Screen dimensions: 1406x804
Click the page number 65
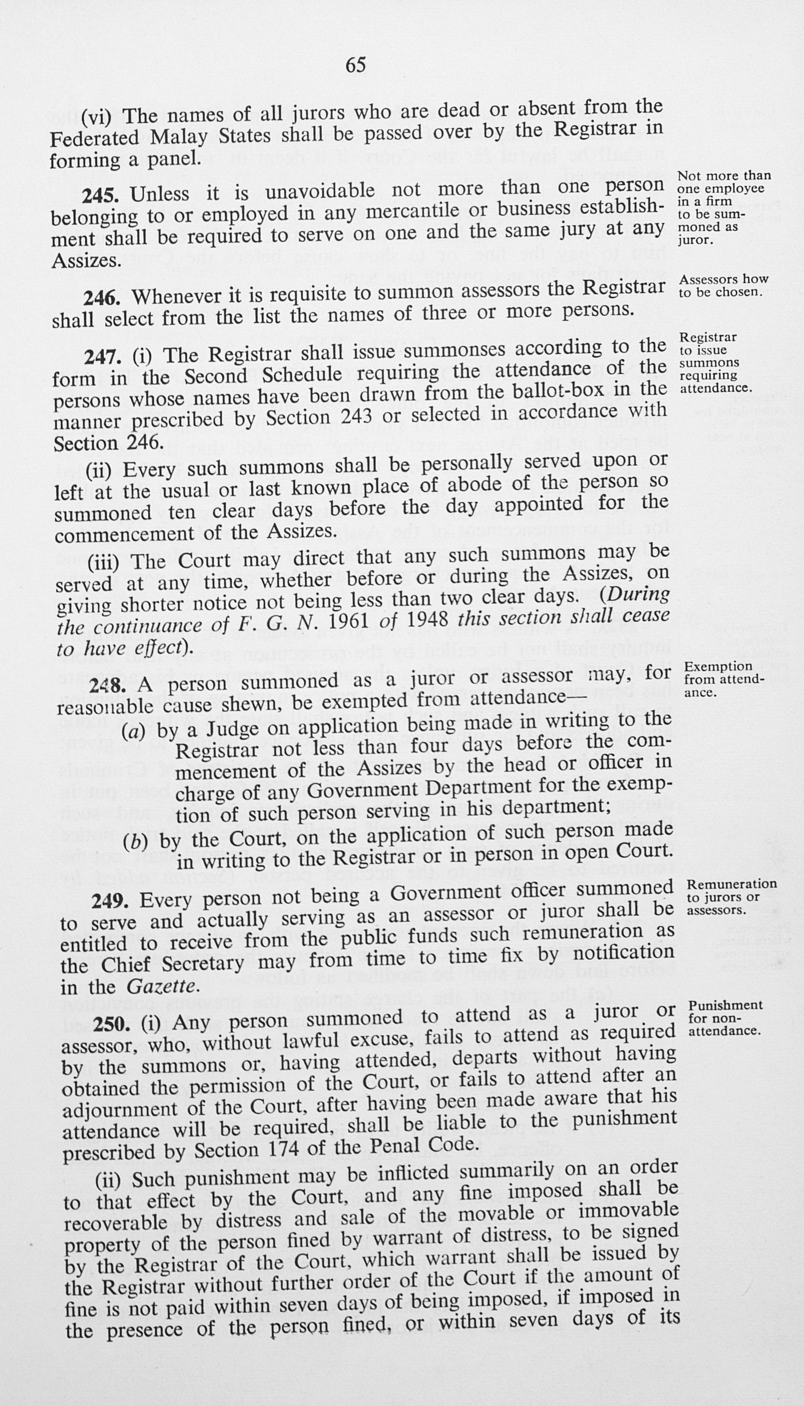(x=355, y=66)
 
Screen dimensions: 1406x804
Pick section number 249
(x=110, y=901)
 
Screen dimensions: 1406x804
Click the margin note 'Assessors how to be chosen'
(x=723, y=286)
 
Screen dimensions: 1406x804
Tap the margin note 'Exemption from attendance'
(x=724, y=679)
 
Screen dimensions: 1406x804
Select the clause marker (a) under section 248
(x=134, y=733)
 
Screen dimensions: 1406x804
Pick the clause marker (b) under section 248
(x=135, y=842)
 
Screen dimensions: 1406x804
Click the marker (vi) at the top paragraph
(x=96, y=116)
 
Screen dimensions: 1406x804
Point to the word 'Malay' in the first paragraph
(x=178, y=136)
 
